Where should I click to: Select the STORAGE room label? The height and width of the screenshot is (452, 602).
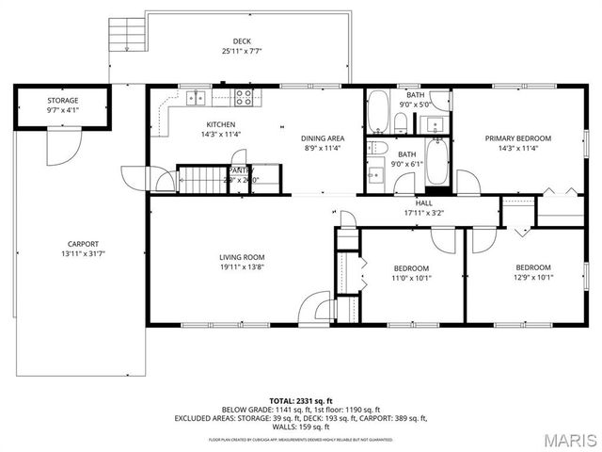63,100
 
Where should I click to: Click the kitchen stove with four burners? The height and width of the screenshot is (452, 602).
245,95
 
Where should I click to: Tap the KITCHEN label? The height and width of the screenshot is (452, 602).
221,124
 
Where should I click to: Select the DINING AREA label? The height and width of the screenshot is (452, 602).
321,137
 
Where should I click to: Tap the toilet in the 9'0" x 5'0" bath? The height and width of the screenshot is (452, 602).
401,121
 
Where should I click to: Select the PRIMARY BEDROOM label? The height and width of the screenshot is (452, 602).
517,137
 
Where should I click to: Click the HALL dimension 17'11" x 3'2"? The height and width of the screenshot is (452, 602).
423,213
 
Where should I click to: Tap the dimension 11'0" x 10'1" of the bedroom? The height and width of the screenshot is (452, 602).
411,278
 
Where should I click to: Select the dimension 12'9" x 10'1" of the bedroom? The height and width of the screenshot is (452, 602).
532,278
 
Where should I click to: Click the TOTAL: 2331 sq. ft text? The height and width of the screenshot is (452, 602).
300,398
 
